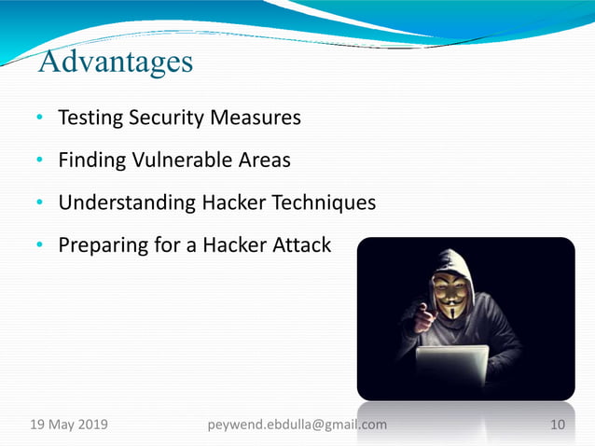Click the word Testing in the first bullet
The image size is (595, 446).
point(90,118)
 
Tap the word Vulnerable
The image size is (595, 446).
point(176,160)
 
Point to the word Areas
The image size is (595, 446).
point(264,160)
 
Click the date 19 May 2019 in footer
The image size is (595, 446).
point(69,425)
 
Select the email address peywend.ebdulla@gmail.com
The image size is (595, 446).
point(297,425)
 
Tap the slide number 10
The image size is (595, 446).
point(558,425)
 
